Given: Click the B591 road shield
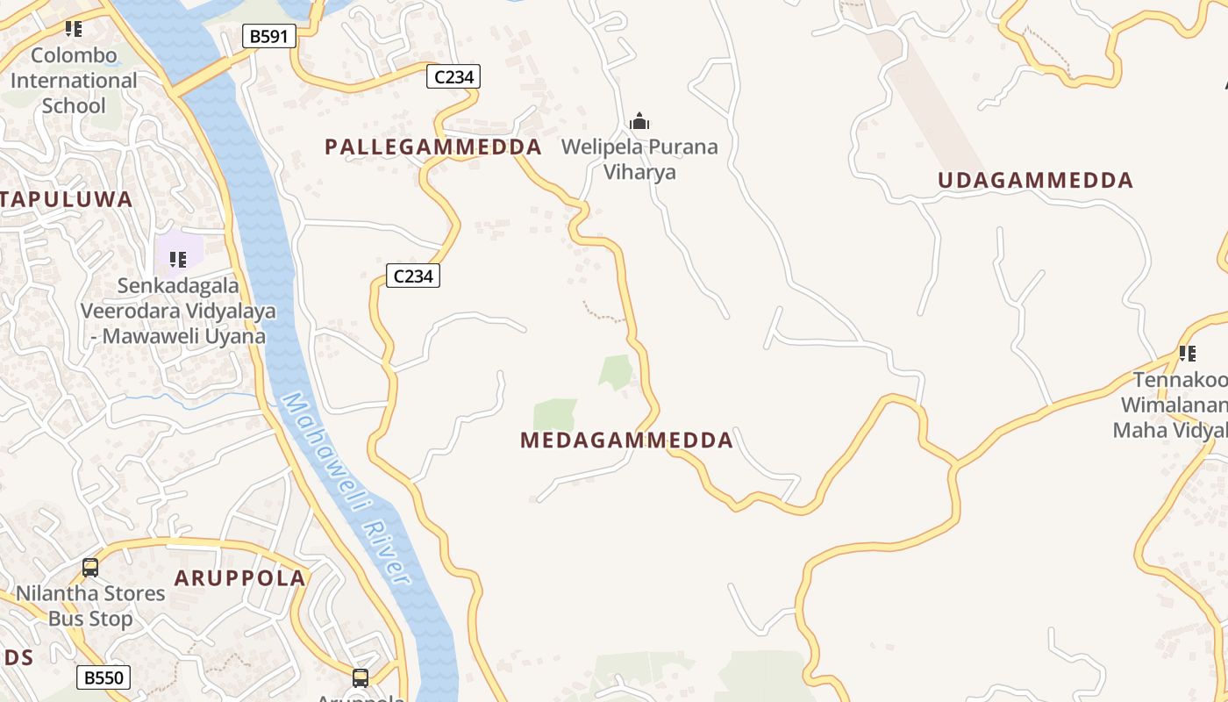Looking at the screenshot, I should pos(268,36).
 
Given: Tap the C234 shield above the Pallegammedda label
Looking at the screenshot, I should pos(453,77).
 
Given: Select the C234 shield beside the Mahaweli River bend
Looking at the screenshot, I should pos(413,276).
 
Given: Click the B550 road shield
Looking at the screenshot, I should pos(104,677).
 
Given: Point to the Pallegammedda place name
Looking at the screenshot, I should pos(433,147).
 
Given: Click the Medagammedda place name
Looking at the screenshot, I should pos(626,441).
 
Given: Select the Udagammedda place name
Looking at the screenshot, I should pos(1035,181).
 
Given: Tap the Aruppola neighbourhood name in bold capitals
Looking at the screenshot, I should pos(240,578).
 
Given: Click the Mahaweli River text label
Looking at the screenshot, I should pos(346,489).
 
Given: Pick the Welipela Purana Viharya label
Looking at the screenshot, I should pos(639,159).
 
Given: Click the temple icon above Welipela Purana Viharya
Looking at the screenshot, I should pos(639,121).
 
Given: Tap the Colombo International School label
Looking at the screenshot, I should pos(74,81).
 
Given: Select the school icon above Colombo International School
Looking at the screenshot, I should pos(74,29).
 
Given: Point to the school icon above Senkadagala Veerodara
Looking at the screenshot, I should pos(178,259).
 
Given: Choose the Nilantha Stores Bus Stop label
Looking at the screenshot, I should pos(90,605).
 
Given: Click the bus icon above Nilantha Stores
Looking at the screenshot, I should pos(90,567).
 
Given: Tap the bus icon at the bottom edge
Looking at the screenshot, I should pos(361,677).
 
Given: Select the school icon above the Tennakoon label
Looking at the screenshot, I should pos(1188,354).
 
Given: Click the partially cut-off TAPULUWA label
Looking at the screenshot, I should pos(67,199).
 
